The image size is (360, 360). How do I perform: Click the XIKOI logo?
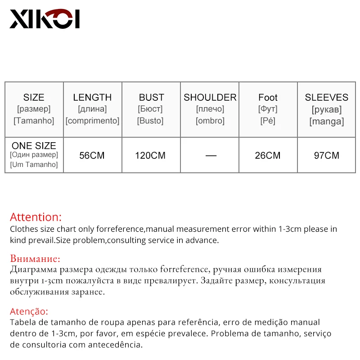tap(45, 19)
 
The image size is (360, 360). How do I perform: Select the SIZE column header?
tap(34, 97)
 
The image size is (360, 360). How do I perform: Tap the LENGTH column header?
tap(92, 97)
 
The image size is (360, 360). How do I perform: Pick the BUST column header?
tap(151, 97)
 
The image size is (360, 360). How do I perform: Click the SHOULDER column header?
tap(210, 97)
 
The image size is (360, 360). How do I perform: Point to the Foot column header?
tap(268, 97)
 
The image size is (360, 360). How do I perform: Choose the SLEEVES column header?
tap(326, 97)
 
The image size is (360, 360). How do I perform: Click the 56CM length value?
tap(92, 156)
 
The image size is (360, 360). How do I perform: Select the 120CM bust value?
tap(150, 156)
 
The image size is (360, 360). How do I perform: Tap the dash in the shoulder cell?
tap(211, 156)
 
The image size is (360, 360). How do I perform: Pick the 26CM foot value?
tap(267, 156)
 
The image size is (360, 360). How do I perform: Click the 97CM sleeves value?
tap(326, 156)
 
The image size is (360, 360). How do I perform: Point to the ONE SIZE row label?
tap(34, 146)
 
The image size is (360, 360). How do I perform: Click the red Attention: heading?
tap(36, 217)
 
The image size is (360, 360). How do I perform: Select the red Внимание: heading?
tap(35, 259)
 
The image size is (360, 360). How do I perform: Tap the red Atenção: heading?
tap(29, 311)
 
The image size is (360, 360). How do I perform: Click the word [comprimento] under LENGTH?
tap(92, 121)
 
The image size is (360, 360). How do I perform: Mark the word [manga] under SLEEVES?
tap(326, 121)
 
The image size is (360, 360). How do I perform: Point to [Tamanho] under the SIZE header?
tap(34, 121)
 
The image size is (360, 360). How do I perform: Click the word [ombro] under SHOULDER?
tap(210, 121)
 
